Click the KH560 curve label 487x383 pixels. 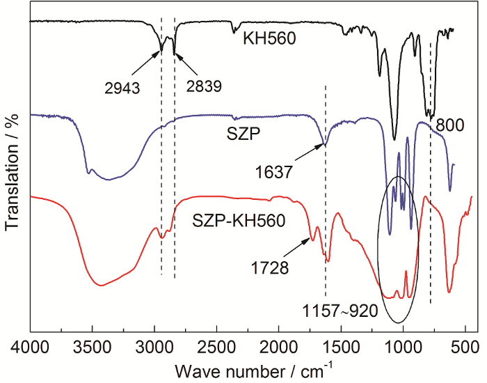click(270, 40)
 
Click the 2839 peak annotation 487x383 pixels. click(204, 87)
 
